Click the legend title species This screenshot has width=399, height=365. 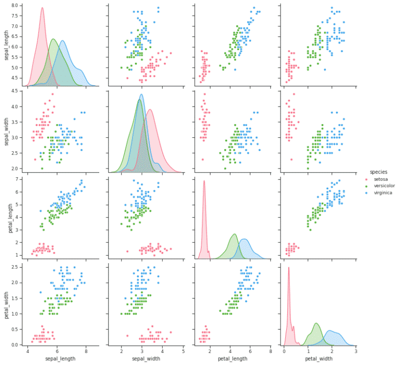click(377, 172)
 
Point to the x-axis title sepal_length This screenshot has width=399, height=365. click(57, 359)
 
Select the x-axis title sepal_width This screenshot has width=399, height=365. click(144, 359)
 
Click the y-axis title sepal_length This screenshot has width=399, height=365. click(7, 45)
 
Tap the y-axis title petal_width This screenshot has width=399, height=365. click(7, 305)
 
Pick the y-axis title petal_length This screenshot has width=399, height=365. click(7, 218)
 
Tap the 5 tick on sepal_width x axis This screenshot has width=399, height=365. click(183, 351)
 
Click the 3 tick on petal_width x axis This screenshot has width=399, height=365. click(355, 351)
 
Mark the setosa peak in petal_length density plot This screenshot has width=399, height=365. click(204, 181)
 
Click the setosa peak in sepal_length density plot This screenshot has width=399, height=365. click(42, 8)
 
